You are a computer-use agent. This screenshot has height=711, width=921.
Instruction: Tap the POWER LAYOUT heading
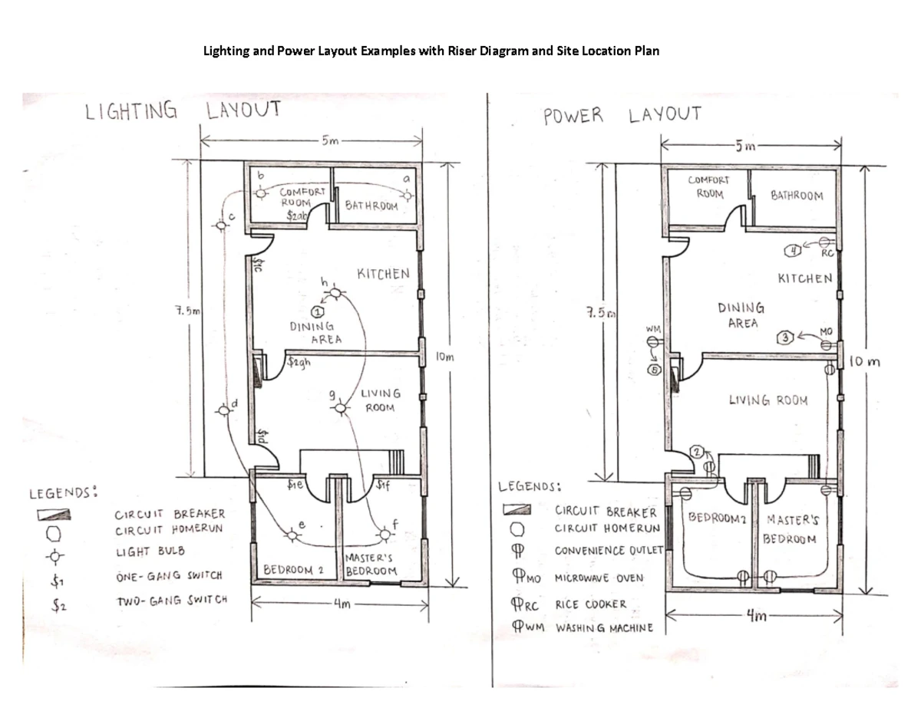622,116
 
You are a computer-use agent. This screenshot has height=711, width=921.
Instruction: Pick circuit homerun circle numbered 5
654,370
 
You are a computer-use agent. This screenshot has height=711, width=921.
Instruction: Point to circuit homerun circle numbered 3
784,337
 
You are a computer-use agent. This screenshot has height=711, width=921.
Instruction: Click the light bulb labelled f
384,533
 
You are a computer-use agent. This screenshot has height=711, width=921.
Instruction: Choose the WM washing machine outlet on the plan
652,343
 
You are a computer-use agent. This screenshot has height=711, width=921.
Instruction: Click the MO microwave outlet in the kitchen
826,345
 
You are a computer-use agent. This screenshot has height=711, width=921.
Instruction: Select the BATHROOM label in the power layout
796,196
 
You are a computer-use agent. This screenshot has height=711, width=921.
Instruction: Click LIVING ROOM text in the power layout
767,400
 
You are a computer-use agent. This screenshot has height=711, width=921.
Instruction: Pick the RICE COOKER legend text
590,604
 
